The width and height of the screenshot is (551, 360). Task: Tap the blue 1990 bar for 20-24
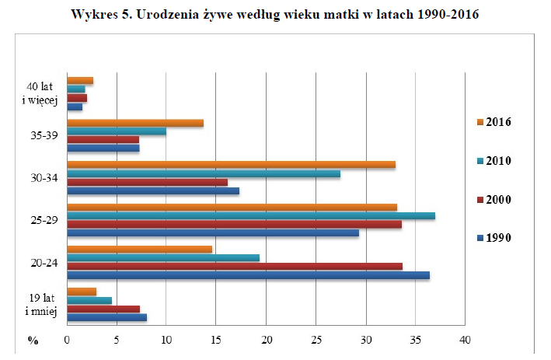tap(248, 275)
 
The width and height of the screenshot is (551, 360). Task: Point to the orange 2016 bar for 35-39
tap(135, 123)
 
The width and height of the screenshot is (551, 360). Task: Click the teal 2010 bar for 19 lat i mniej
tap(89, 300)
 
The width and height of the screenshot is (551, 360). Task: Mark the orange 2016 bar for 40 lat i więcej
tap(80, 81)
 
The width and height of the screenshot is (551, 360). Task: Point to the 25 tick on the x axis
tap(316, 341)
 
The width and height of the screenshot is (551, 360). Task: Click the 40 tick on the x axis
tap(465, 341)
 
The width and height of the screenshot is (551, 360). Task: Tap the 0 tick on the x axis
tap(68, 341)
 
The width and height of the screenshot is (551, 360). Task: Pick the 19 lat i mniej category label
tap(40, 305)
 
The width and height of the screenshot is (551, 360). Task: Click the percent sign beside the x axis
tap(33, 341)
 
